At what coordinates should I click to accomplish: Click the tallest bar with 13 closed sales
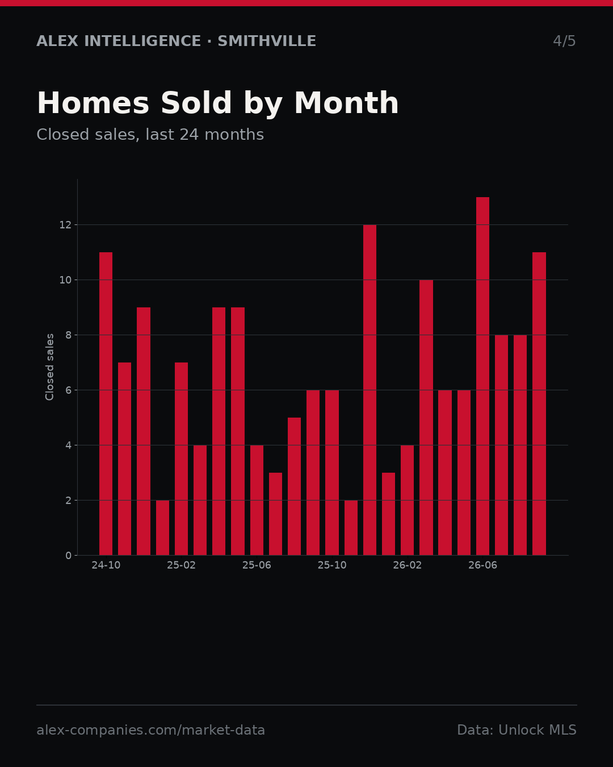482,376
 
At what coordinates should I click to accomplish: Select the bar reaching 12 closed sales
370,390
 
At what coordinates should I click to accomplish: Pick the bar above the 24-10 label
106,404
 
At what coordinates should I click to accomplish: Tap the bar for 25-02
181,458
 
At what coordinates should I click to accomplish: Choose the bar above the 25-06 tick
257,500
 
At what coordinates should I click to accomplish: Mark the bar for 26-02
407,500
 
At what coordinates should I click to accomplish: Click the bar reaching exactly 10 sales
426,418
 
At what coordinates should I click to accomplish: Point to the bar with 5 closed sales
294,486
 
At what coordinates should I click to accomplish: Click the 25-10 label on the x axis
332,565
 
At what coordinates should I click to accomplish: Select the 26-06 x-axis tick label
482,565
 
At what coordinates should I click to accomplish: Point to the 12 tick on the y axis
65,225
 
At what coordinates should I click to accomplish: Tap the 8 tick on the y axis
69,335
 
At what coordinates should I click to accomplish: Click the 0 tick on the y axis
69,556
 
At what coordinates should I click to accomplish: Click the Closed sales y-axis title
49,367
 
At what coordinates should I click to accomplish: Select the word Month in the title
346,103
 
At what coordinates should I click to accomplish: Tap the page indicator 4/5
564,41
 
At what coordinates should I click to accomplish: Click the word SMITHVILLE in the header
267,41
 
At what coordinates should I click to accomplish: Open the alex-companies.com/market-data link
150,730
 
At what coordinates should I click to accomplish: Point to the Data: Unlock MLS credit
517,730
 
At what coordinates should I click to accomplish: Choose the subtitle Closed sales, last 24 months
150,135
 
